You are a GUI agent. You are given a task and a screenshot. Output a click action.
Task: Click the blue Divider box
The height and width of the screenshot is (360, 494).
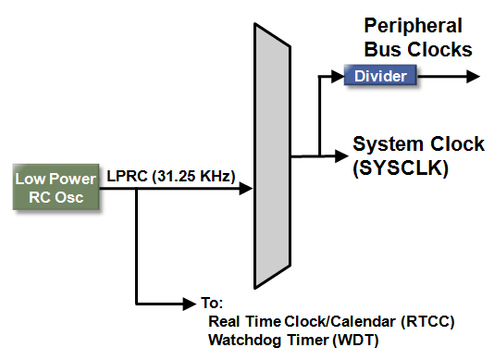click(380, 76)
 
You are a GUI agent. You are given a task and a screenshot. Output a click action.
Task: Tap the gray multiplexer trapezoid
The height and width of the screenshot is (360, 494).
click(270, 156)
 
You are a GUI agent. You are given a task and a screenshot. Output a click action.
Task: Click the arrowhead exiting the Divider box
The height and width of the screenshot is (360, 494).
click(475, 76)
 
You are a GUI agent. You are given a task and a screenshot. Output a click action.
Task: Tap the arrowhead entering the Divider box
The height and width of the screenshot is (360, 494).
click(337, 76)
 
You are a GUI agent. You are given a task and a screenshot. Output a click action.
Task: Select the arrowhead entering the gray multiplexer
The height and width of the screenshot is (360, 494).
click(246, 189)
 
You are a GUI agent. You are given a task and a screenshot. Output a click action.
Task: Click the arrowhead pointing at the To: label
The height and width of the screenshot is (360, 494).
click(191, 303)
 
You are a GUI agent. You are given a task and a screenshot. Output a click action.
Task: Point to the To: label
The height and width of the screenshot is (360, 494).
click(213, 304)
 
